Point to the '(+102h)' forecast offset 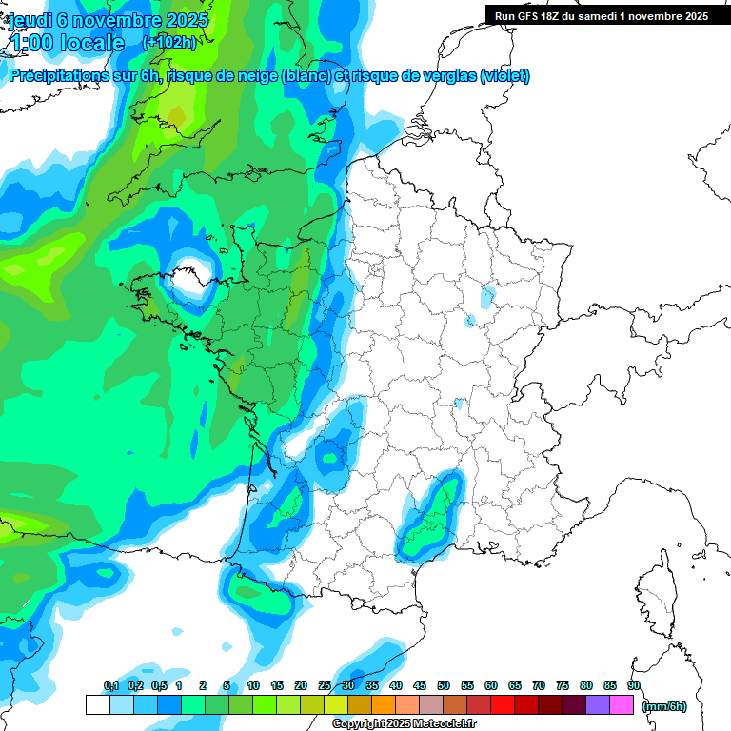169,43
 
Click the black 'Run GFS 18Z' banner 607,15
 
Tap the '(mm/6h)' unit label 664,706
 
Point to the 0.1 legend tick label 110,686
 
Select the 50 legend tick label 444,686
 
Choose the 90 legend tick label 634,686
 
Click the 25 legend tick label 325,686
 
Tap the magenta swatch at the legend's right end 622,705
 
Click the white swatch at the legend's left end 97,705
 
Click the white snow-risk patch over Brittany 191,275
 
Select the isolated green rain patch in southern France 429,519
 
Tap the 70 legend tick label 539,686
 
